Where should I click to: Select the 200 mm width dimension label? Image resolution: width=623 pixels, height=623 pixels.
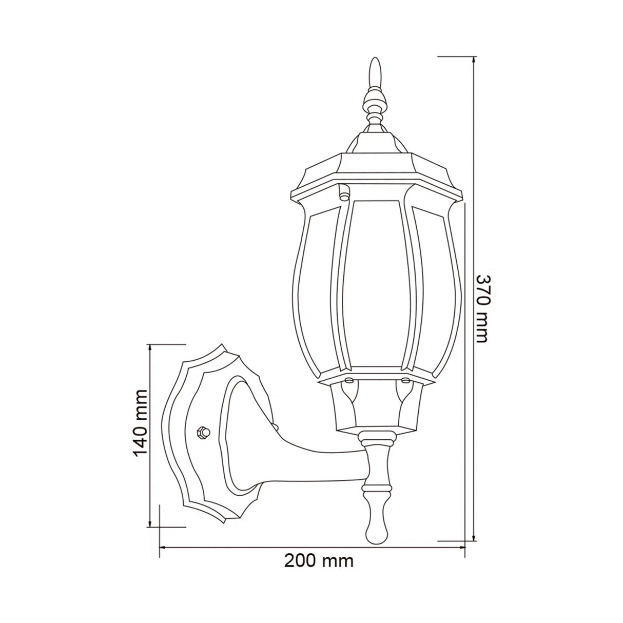tap(319, 561)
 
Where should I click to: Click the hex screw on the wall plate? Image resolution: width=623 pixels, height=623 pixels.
tap(203, 432)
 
